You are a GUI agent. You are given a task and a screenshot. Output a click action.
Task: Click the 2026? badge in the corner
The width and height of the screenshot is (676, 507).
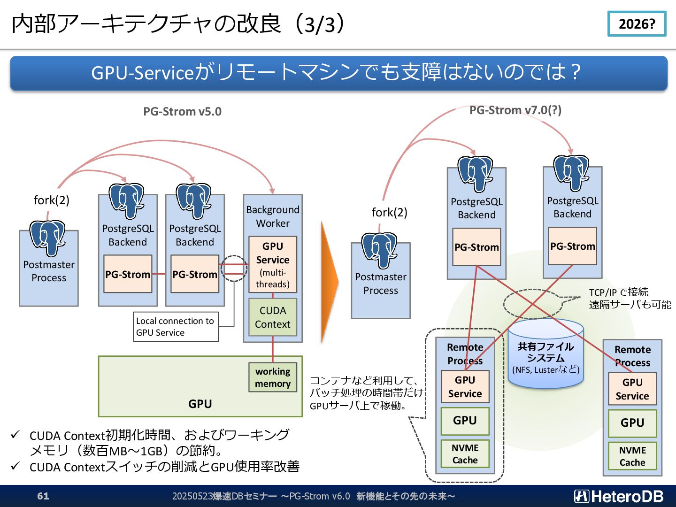[637, 23]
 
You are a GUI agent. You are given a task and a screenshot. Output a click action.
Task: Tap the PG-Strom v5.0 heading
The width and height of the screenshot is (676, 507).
[182, 111]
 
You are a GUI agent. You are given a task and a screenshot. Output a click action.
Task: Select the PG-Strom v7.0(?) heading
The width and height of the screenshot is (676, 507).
[515, 110]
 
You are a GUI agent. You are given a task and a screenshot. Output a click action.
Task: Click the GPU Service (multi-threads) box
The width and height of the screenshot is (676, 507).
[273, 264]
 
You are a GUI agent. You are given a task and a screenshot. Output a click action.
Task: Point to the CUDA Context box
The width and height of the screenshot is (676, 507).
[273, 317]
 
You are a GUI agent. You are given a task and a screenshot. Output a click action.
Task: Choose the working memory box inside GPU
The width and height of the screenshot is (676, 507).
[273, 377]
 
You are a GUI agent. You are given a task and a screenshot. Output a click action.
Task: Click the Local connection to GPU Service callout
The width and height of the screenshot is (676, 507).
[176, 327]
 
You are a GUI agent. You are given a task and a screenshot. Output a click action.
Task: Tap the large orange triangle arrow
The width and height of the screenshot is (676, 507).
[329, 281]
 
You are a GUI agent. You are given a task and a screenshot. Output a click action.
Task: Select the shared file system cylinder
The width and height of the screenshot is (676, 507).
[545, 354]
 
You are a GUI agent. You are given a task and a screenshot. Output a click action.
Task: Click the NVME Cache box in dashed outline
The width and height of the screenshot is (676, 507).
[465, 454]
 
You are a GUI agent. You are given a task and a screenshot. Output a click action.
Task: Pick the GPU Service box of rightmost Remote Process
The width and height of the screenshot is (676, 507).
[632, 389]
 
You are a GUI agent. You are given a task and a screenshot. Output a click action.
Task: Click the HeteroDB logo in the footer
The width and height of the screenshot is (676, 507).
[619, 496]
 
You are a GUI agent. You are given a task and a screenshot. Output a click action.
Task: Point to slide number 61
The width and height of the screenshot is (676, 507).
[43, 496]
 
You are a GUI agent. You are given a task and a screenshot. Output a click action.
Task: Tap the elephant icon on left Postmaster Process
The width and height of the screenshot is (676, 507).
[47, 238]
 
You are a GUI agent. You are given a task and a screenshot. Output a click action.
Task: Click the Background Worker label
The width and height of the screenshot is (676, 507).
[273, 216]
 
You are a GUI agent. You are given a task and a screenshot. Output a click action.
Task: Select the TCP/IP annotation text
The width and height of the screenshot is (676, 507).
[630, 298]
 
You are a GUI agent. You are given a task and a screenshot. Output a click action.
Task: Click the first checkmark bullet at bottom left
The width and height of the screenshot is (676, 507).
[15, 435]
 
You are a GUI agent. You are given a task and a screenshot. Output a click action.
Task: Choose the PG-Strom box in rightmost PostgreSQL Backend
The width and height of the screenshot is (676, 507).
[573, 246]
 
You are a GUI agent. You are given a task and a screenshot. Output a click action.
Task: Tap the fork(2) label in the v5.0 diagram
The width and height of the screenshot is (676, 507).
[52, 200]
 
